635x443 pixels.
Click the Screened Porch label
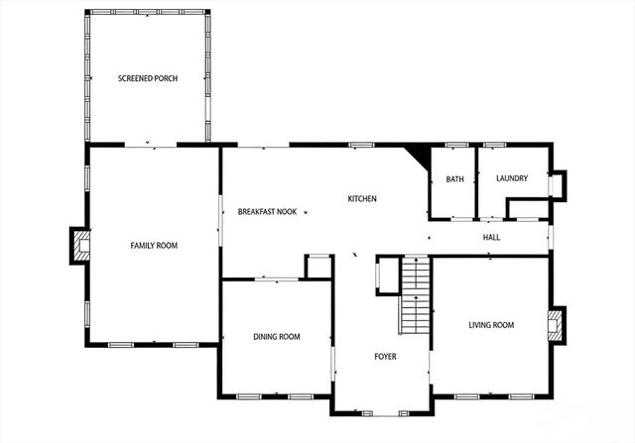click(147, 78)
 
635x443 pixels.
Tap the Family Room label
click(154, 245)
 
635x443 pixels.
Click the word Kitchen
click(361, 199)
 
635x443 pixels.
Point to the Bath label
click(454, 179)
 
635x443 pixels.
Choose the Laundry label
click(512, 178)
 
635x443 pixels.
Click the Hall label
click(491, 238)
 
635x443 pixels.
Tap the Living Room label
click(491, 325)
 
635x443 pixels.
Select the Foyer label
click(385, 356)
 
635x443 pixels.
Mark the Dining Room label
click(276, 337)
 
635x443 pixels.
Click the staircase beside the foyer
click(415, 295)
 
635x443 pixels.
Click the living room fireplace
click(556, 324)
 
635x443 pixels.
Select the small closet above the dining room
click(317, 268)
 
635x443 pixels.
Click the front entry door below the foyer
click(382, 411)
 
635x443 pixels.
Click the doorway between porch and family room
click(150, 146)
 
